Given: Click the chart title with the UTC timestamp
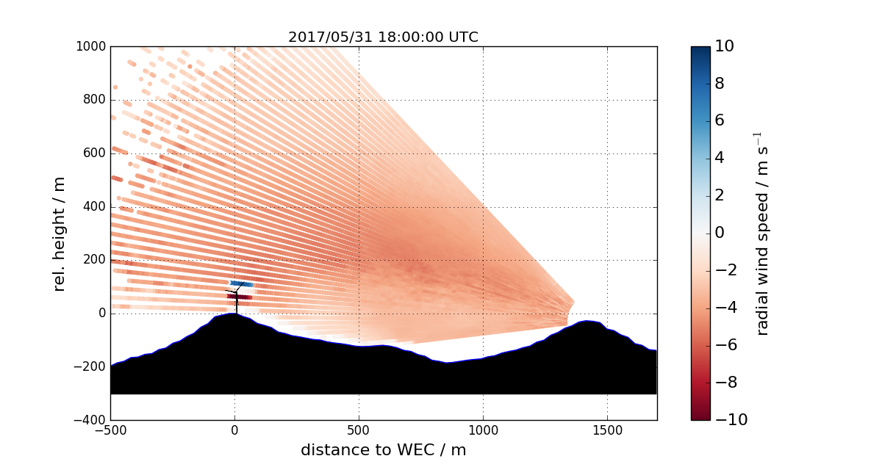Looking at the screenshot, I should click(383, 37).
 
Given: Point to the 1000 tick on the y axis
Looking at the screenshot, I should click(91, 46).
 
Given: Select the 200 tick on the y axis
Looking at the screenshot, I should click(94, 260).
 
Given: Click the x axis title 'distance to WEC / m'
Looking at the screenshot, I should click(383, 450).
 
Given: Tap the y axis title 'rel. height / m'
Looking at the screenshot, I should click(60, 233).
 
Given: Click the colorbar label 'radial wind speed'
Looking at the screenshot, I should click(762, 233).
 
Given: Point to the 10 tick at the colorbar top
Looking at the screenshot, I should click(723, 46).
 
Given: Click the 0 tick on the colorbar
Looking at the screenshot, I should click(720, 233).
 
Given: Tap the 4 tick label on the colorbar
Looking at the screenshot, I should click(720, 158).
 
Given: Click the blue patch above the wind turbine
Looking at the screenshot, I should click(242, 283).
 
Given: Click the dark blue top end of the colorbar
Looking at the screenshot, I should click(700, 51).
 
